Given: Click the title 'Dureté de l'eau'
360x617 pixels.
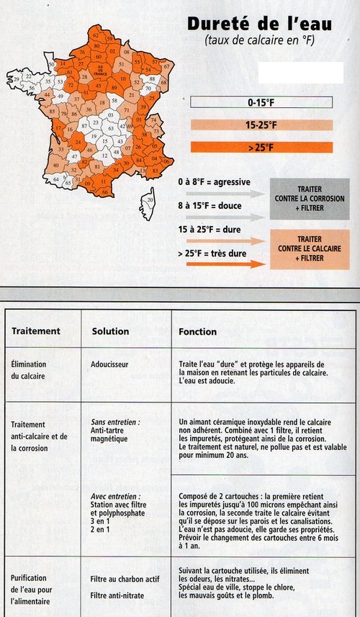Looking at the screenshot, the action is click(x=260, y=24).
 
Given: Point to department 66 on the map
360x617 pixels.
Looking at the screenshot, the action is click(x=105, y=192).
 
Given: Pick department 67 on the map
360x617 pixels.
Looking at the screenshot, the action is click(x=166, y=67).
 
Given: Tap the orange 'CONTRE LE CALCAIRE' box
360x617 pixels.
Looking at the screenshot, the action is click(x=309, y=249).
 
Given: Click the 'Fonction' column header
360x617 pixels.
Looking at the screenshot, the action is click(x=197, y=331).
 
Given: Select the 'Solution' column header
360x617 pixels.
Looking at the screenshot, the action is click(x=110, y=331).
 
